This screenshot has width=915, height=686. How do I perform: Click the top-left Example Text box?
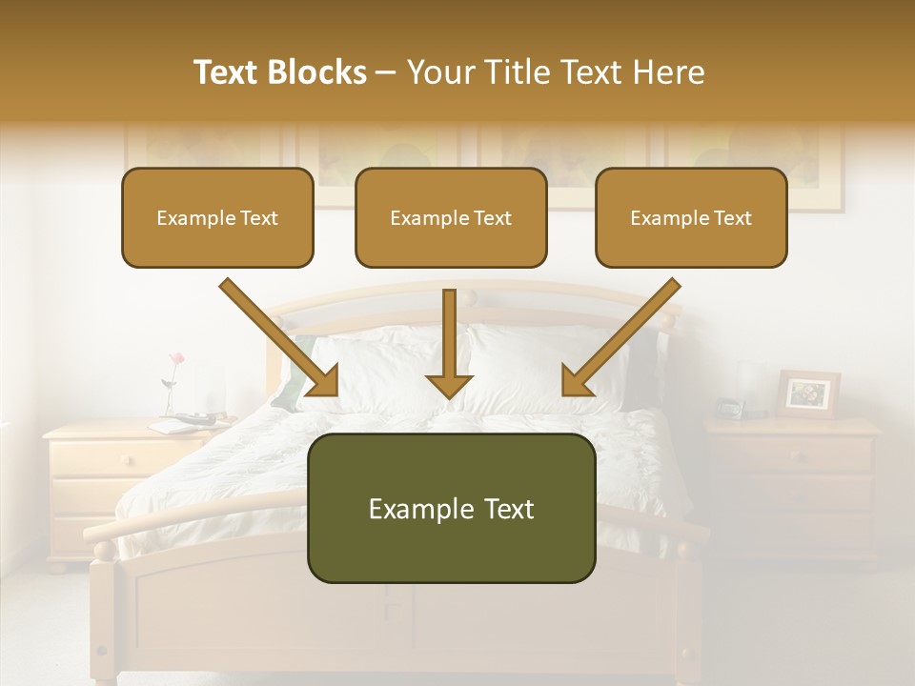[217, 217]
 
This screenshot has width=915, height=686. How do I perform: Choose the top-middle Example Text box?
[451, 217]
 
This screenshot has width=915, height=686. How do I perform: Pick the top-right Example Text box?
[691, 217]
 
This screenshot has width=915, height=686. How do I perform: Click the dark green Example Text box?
[451, 508]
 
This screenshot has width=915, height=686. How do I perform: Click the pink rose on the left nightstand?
[175, 359]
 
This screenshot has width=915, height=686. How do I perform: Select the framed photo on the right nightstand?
[808, 393]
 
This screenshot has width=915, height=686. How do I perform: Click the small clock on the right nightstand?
[729, 408]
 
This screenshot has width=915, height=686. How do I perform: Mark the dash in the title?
[386, 72]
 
